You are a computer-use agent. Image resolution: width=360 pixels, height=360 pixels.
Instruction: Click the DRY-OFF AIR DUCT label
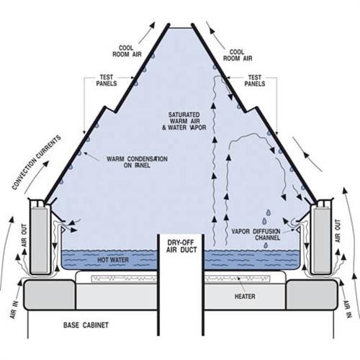pyautogui.click(x=181, y=246)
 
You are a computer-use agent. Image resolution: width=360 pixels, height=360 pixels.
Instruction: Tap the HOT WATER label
pyautogui.click(x=113, y=260)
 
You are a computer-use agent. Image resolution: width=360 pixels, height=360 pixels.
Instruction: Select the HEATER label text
pyautogui.click(x=245, y=297)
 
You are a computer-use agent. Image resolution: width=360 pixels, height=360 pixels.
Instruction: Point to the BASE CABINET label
pyautogui.click(x=86, y=325)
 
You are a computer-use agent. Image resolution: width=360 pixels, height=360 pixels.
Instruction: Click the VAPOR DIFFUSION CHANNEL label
pyautogui.click(x=256, y=235)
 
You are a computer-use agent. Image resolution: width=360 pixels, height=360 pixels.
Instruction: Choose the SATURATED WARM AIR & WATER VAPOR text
pyautogui.click(x=184, y=121)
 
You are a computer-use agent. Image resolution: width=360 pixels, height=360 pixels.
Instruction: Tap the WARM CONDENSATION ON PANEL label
pyautogui.click(x=137, y=162)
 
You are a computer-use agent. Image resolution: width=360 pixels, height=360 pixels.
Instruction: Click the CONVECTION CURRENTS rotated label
pyautogui.click(x=37, y=163)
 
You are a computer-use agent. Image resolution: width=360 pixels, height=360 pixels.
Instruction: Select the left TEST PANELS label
pyautogui.click(x=107, y=81)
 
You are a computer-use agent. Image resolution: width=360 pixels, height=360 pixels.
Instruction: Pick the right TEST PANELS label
pyautogui.click(x=255, y=81)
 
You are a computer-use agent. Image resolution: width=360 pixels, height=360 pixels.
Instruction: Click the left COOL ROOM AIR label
pyautogui.click(x=127, y=51)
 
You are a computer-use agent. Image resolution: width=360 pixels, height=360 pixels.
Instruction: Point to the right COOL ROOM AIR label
pyautogui.click(x=238, y=55)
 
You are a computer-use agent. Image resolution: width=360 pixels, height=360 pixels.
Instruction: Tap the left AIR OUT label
pyautogui.click(x=24, y=235)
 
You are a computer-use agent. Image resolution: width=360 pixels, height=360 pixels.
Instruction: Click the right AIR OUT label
pyautogui.click(x=338, y=231)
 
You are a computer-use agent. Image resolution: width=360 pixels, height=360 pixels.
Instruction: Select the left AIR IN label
pyautogui.click(x=14, y=310)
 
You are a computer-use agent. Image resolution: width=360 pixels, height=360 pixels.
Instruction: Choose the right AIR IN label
pyautogui.click(x=347, y=309)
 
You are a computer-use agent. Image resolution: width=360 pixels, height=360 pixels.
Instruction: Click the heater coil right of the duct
pyautogui.click(x=237, y=279)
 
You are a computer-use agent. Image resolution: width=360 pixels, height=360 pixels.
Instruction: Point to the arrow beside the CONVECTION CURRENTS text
pyautogui.click(x=36, y=177)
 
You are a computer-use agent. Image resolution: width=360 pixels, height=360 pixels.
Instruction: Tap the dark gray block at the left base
pyautogui.click(x=50, y=294)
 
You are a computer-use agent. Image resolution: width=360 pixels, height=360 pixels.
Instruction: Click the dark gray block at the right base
pyautogui.click(x=312, y=294)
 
